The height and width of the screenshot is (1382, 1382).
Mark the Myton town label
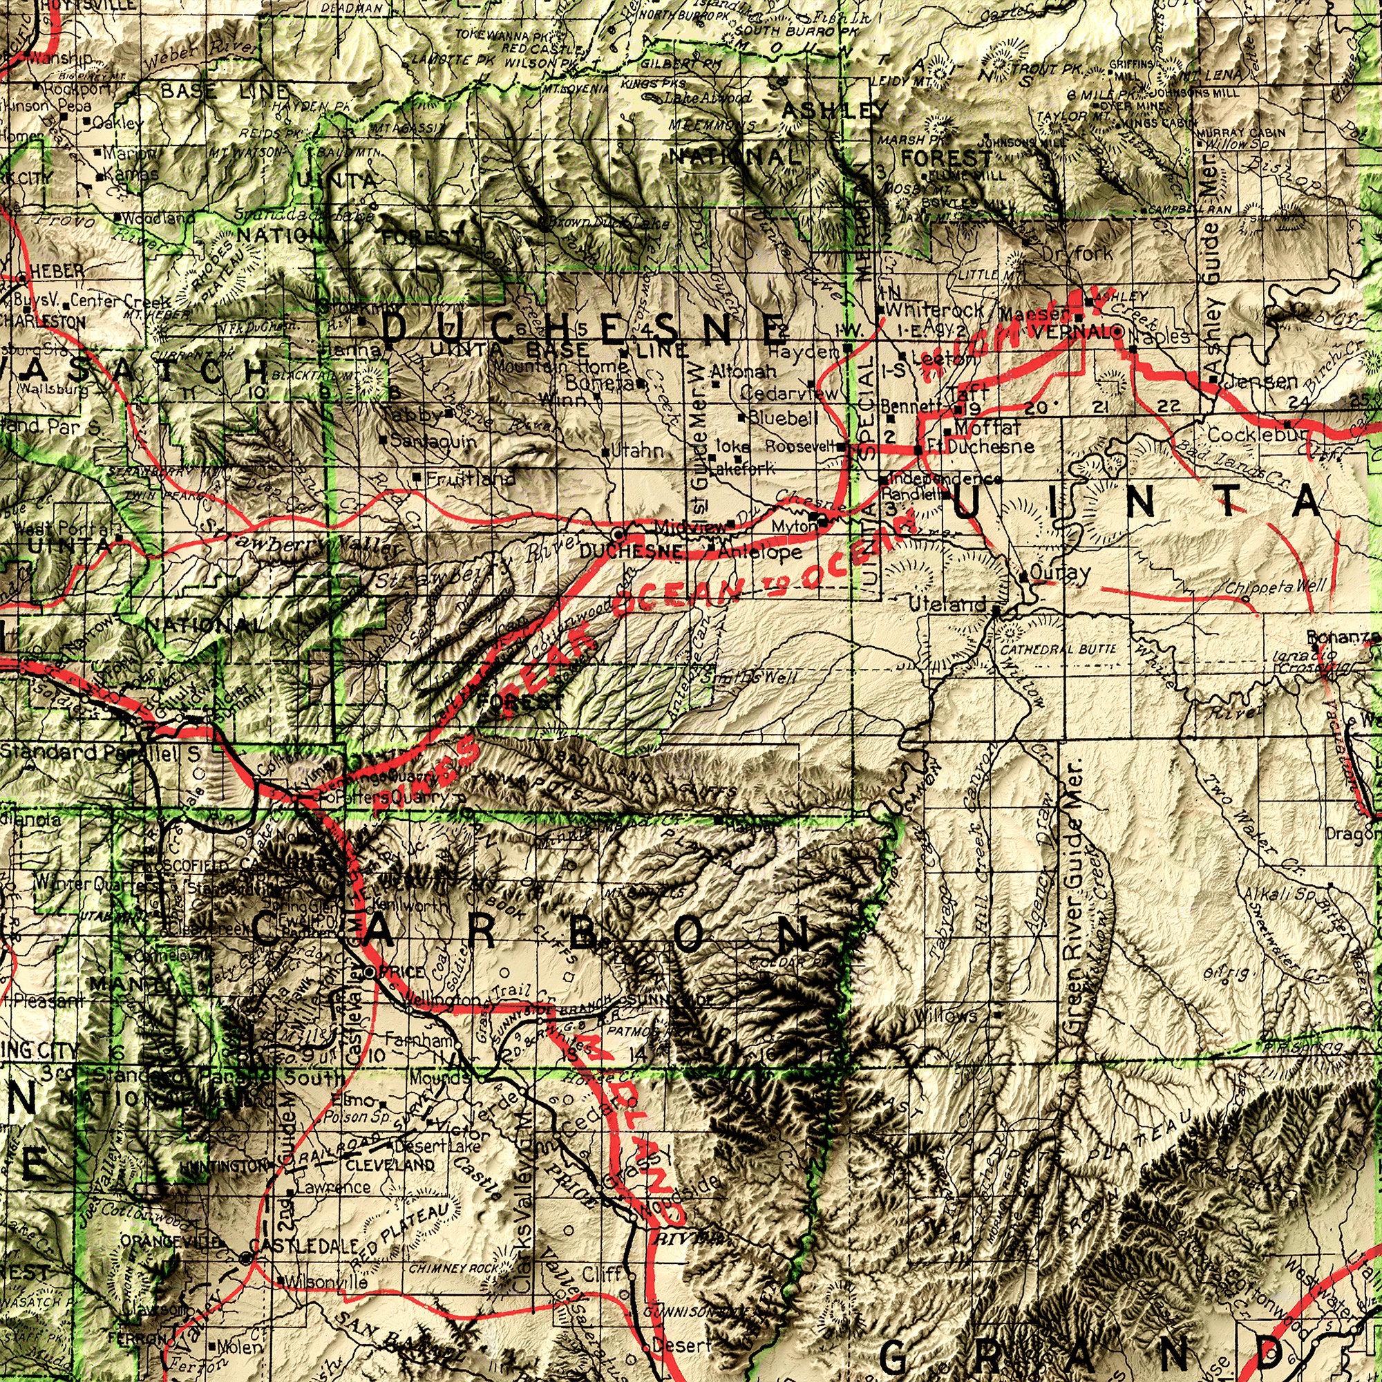click(x=793, y=527)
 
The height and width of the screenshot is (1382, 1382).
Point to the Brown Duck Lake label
click(x=608, y=223)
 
